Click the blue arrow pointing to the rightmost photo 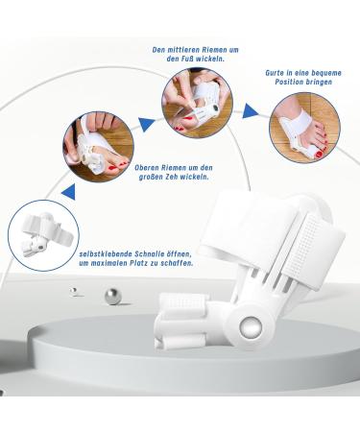click(x=249, y=111)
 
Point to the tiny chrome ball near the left click(x=73, y=290)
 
